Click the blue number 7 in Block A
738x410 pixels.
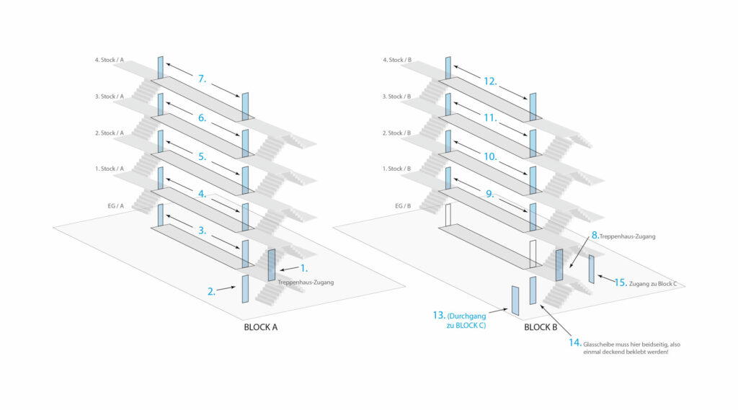202,79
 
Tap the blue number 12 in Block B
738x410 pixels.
489,81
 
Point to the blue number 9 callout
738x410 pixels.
491,193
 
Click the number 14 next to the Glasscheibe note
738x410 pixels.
574,342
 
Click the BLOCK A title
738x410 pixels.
261,326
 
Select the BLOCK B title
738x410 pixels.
541,326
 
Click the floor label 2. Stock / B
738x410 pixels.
396,133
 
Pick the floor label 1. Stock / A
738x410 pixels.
110,169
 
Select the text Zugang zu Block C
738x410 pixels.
654,284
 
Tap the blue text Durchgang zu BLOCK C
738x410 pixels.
465,320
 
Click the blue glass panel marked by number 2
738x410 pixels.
245,289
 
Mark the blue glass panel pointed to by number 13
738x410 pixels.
515,300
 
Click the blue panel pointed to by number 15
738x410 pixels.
592,269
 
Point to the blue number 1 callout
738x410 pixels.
303,267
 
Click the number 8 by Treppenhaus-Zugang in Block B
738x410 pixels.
595,235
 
